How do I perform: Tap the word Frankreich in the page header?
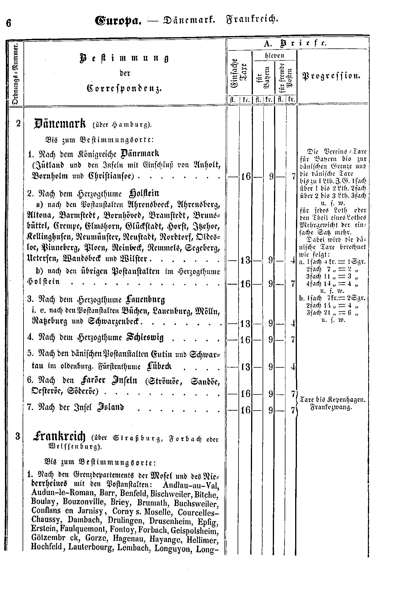252,20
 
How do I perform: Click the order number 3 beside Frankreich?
18,436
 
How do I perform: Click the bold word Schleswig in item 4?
145,337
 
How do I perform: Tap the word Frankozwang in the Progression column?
331,408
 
